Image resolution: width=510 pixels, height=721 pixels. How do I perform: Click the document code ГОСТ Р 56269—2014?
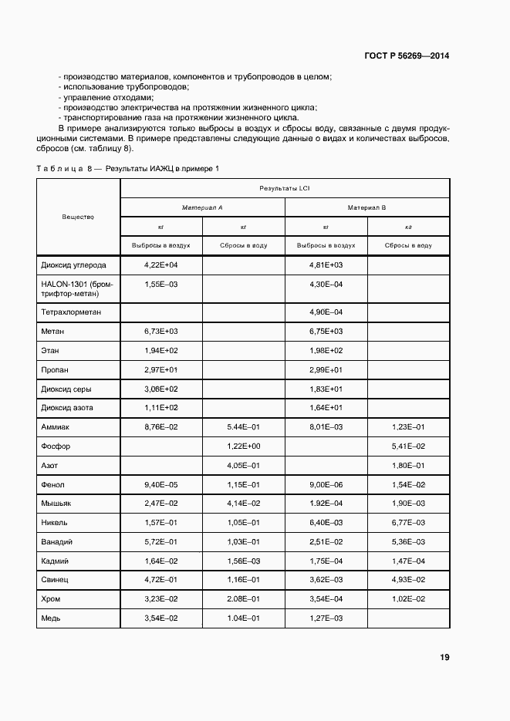pos(406,56)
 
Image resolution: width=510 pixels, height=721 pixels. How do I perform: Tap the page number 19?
pos(444,658)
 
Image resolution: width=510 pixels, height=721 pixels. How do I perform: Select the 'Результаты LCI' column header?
pos(285,188)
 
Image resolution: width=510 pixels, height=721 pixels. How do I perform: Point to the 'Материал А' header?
pos(202,207)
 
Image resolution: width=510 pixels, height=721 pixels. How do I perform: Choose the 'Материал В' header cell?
pos(366,207)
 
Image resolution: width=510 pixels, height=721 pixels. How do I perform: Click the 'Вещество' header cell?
pos(78,217)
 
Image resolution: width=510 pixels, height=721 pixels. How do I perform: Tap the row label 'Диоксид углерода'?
pos(73,264)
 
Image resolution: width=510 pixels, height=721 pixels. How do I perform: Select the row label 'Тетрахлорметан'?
pos(71,312)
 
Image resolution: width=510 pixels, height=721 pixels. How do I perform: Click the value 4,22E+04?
pos(160,264)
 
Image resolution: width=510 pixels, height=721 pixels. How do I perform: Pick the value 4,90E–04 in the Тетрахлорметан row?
pos(326,312)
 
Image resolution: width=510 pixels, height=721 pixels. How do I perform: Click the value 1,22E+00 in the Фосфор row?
pos(244,446)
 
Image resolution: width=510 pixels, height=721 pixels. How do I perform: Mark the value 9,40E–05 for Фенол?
pos(160,484)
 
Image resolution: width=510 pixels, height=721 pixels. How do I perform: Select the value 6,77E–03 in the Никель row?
pos(408,522)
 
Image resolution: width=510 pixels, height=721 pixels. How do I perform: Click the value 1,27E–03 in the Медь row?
pos(326,618)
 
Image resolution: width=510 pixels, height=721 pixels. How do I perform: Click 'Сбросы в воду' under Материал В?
pos(408,245)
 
